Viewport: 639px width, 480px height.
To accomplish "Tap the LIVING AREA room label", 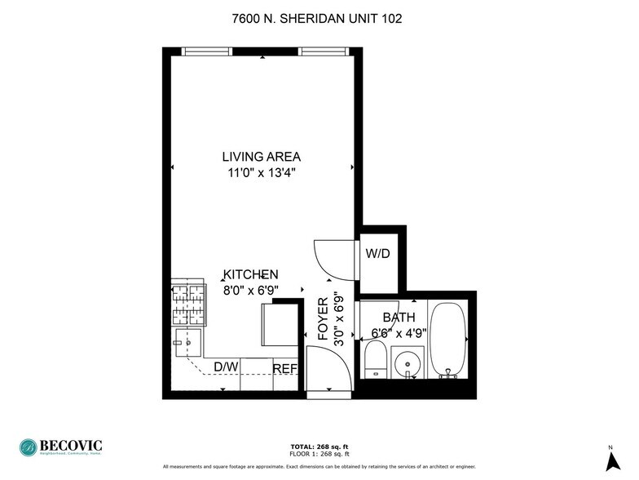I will click(x=262, y=157).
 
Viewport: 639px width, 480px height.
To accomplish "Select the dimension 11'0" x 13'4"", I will click(x=262, y=172).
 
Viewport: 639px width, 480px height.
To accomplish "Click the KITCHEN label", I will click(x=252, y=275).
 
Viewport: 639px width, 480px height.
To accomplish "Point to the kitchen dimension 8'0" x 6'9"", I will click(x=252, y=290).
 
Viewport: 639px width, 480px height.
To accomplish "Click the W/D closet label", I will click(x=377, y=254).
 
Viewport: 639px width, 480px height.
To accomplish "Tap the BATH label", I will click(x=399, y=318).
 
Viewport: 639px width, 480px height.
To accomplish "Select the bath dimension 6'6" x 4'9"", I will click(x=399, y=332).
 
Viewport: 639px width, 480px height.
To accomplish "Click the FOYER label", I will click(x=323, y=318).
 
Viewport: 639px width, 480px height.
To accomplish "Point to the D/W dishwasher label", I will click(x=226, y=367).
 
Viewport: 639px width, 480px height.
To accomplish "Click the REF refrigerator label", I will click(x=284, y=369).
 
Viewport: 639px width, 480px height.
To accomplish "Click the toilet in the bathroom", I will click(x=375, y=359).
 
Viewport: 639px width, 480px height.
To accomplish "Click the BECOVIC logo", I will click(x=62, y=447).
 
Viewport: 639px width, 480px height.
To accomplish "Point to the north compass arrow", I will click(x=610, y=459).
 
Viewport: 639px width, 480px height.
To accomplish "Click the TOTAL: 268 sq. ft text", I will click(x=319, y=447).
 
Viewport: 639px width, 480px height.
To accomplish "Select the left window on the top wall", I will click(x=208, y=51).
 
